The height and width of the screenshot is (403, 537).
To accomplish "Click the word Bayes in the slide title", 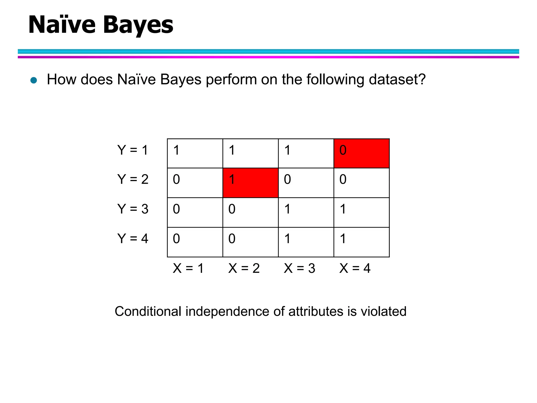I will (138, 25).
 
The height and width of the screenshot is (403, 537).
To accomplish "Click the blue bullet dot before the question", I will (34, 80).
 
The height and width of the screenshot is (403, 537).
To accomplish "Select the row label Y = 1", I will (133, 150).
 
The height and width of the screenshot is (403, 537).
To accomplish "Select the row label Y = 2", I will (133, 179).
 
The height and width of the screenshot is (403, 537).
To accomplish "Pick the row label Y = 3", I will (133, 209).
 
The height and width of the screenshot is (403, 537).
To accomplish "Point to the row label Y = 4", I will (133, 239).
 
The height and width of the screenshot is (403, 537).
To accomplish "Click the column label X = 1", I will (188, 268).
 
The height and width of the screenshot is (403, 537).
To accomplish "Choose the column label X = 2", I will (244, 268).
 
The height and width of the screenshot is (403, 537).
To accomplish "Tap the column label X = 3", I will (299, 268).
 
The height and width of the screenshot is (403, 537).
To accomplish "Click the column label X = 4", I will (355, 268).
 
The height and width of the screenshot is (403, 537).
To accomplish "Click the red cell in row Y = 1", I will (361, 153).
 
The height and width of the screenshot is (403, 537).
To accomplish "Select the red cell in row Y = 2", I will (250, 183).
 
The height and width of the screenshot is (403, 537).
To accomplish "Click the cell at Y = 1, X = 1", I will (195, 153).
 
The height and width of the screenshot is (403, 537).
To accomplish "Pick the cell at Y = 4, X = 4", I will (361, 242).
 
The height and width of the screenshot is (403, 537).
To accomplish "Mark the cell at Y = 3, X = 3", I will (306, 213).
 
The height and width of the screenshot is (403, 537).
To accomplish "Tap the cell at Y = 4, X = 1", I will (195, 242).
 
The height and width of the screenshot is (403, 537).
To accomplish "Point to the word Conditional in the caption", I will (148, 312).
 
